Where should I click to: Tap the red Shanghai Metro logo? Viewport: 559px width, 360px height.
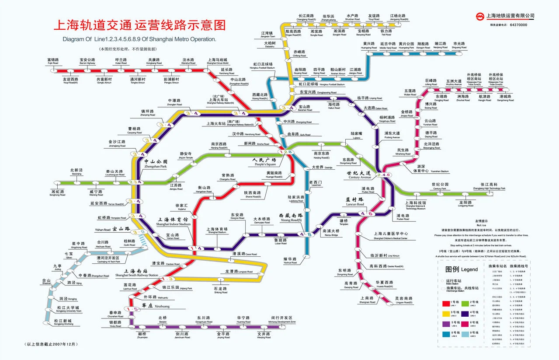[480, 17]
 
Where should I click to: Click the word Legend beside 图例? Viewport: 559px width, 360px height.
[469, 269]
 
